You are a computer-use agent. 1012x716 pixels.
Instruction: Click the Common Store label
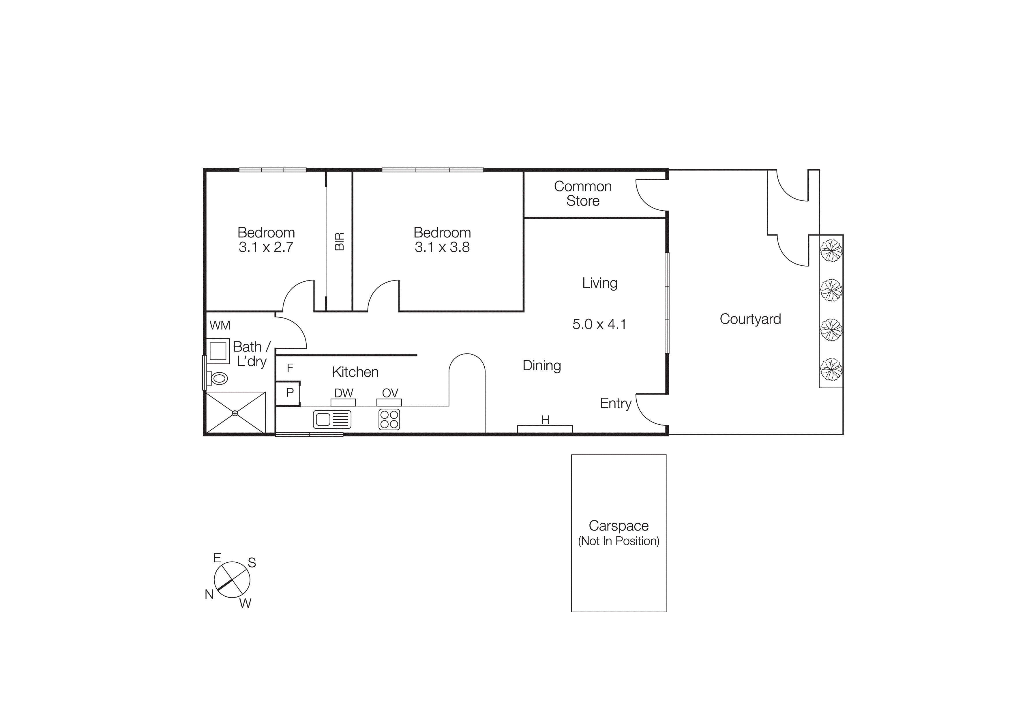pyautogui.click(x=583, y=194)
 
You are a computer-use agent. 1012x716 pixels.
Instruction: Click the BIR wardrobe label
pyautogui.click(x=339, y=242)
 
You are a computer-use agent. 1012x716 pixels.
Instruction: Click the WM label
pyautogui.click(x=220, y=326)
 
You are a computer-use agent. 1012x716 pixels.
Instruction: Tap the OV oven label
pyautogui.click(x=390, y=393)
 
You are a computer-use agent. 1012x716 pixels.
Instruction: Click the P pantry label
pyautogui.click(x=290, y=393)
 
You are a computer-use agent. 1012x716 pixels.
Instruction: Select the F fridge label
pyautogui.click(x=290, y=368)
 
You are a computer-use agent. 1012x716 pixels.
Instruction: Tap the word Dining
pyautogui.click(x=542, y=366)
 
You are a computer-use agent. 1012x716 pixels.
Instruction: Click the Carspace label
pyautogui.click(x=619, y=526)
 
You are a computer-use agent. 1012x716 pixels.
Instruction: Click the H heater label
pyautogui.click(x=545, y=420)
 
